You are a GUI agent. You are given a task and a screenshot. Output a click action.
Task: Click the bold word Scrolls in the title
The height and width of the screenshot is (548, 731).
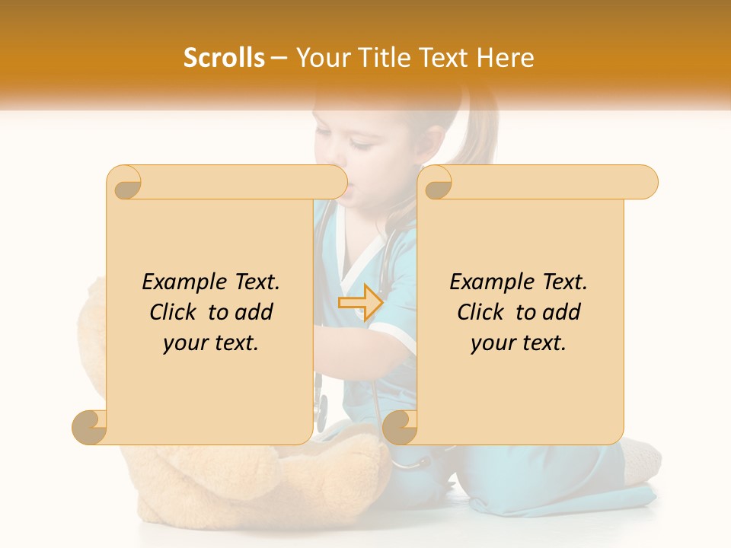click(224, 58)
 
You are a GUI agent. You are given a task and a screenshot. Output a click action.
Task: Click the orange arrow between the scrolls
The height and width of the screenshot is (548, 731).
click(360, 302)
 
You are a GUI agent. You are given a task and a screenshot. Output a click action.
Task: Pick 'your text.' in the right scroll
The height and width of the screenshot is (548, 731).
click(519, 343)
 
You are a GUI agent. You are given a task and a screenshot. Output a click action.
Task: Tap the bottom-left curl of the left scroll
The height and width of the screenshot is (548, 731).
click(90, 428)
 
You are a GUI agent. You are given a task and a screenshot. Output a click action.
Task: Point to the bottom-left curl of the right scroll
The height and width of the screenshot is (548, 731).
click(400, 428)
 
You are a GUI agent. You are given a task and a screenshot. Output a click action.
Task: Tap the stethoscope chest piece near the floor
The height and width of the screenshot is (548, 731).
click(323, 403)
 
